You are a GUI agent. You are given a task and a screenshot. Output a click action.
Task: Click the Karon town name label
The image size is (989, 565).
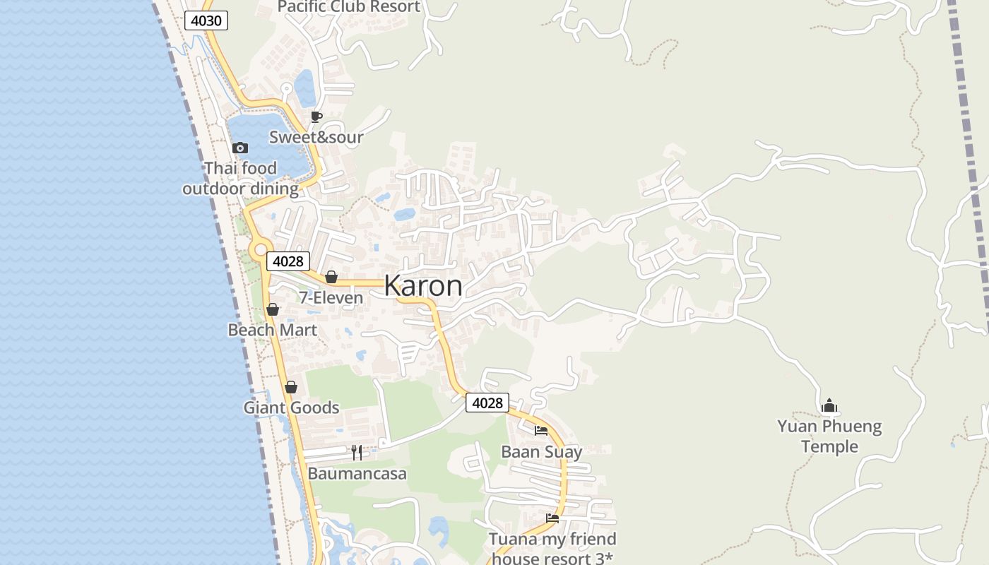coord(423,286)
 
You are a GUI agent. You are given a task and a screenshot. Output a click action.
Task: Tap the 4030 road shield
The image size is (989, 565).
coord(206,20)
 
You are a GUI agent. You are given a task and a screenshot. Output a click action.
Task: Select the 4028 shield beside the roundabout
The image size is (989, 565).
coord(288,261)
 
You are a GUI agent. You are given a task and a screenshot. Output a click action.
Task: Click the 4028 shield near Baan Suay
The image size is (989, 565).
coord(487,403)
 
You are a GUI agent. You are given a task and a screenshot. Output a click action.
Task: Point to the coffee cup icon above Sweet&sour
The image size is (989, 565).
coord(316,117)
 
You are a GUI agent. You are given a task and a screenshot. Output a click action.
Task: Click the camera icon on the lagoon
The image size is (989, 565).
coord(240,148)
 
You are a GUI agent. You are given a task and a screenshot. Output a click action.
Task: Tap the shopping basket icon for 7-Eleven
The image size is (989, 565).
coord(331,277)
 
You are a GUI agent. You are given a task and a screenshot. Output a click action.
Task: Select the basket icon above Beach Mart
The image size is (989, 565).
coord(273,309)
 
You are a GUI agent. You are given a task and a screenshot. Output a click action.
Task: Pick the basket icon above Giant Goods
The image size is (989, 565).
coord(290,387)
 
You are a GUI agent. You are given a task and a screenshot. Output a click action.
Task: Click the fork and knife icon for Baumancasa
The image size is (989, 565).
coord(357,452)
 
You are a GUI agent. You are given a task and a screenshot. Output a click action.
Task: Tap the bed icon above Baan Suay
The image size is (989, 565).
coord(541,430)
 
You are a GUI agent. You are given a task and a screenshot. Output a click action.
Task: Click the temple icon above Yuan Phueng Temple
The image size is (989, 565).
coord(829,405)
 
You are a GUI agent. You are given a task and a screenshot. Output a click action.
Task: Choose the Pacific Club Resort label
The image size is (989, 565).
coord(349,7)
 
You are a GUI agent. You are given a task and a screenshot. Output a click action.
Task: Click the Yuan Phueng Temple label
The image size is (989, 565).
coord(830,436)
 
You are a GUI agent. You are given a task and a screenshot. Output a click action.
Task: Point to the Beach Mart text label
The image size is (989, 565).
coord(272,330)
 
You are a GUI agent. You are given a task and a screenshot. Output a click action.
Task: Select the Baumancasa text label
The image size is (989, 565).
coord(357,473)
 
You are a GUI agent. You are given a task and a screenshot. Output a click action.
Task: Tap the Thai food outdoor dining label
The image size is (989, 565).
coord(240,179)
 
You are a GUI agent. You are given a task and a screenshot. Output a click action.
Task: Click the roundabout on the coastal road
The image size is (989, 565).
coord(261,249)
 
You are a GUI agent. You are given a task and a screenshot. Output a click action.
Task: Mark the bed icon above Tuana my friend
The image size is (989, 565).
coord(552,518)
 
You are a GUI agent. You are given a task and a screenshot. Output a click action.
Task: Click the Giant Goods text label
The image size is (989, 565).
coord(291,408)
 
